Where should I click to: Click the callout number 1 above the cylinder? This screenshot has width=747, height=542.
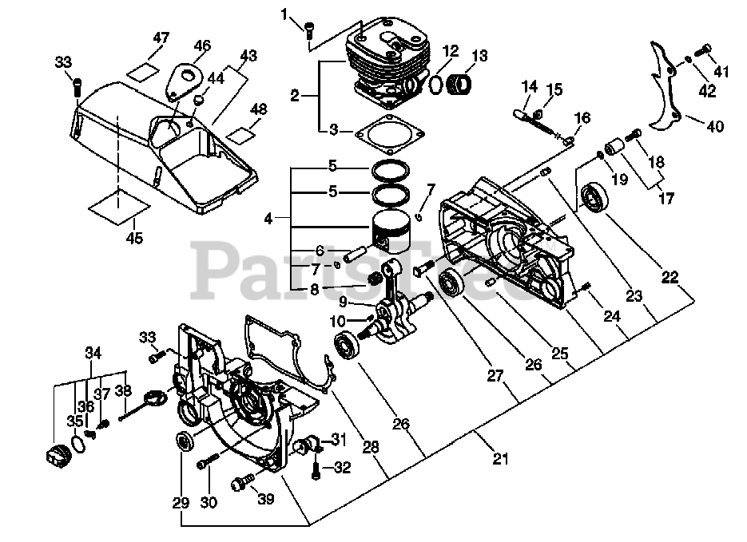click(283, 14)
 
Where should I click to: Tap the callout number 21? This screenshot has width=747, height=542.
click(500, 457)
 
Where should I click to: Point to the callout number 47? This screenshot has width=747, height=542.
click(161, 38)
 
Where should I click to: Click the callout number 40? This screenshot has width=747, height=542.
click(715, 125)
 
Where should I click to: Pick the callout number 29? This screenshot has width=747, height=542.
click(181, 503)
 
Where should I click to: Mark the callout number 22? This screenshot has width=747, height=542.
click(670, 277)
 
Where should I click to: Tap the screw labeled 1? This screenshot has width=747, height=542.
click(308, 29)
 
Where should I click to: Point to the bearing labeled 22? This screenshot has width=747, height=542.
click(596, 196)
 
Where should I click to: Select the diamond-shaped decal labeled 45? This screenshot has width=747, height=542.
click(117, 205)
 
